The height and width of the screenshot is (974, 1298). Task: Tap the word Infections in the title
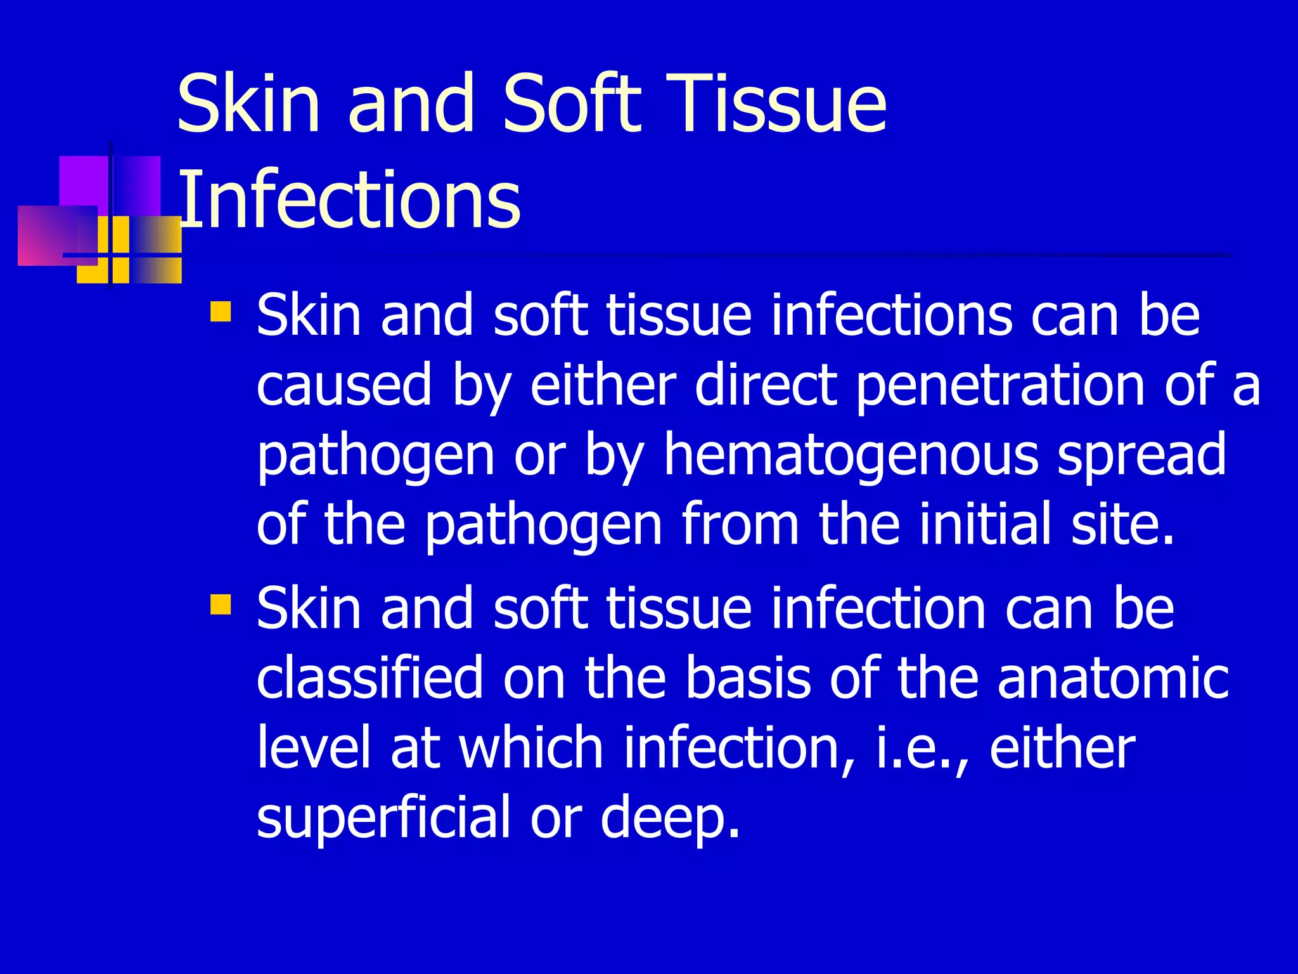350,200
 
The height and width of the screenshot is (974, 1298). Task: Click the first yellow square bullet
221,312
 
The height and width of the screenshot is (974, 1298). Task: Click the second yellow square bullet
221,604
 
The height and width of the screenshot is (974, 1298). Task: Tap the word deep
669,819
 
